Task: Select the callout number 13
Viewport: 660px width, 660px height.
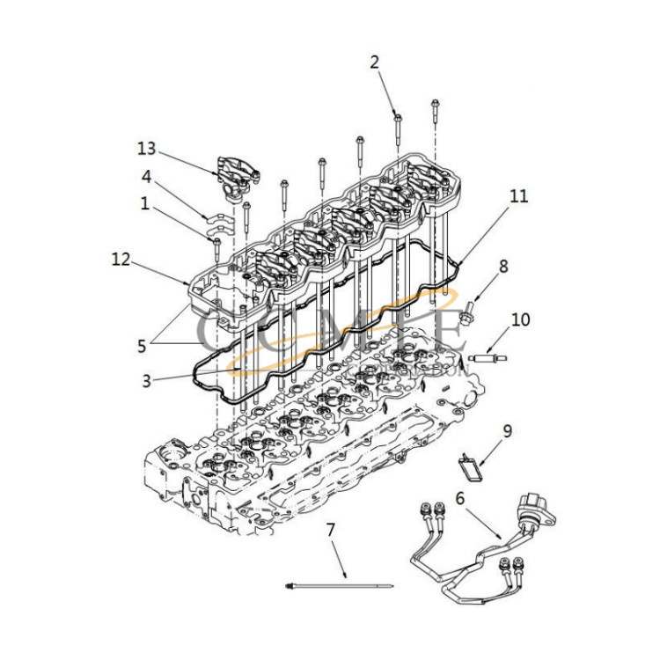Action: point(147,146)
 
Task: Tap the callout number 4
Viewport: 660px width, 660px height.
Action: point(147,177)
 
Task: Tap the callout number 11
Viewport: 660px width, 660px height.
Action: point(520,196)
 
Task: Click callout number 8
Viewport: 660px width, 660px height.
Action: point(503,264)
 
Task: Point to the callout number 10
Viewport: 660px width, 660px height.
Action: point(520,319)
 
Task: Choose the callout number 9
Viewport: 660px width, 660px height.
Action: point(507,431)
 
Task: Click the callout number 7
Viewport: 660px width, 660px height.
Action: point(331,531)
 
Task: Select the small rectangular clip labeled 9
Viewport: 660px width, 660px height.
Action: point(473,467)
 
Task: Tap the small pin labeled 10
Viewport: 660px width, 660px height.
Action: point(489,357)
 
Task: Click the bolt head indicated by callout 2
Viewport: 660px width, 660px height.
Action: point(398,117)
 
